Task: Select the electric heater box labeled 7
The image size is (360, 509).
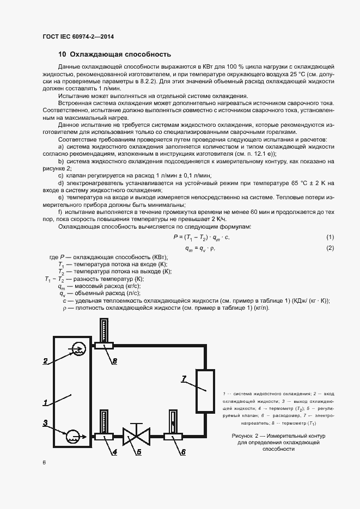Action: click(x=205, y=391)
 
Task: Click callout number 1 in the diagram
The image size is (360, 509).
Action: click(x=46, y=403)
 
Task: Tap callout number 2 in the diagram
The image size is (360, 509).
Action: click(x=46, y=360)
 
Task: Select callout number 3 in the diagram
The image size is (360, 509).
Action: click(x=46, y=422)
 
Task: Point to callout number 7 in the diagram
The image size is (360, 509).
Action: click(x=184, y=378)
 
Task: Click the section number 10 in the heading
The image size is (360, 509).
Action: click(x=62, y=54)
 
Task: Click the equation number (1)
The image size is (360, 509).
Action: click(x=330, y=237)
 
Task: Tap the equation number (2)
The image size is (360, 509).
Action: click(x=330, y=248)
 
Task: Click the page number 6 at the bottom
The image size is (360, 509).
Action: click(x=44, y=462)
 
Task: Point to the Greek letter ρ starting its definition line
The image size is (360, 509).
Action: click(x=64, y=308)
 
